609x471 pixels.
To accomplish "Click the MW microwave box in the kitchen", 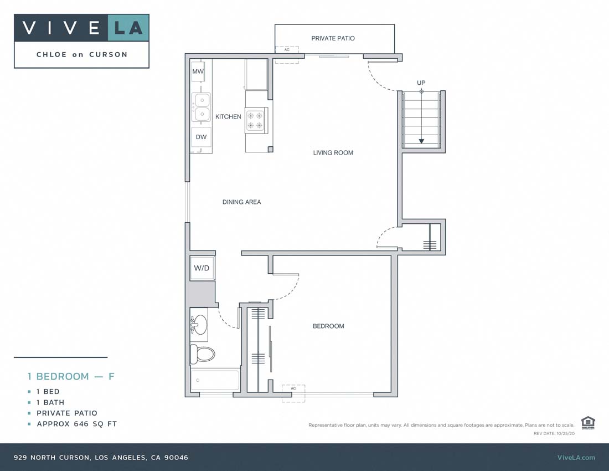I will (198, 72).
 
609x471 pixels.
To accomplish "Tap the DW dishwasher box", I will (201, 137).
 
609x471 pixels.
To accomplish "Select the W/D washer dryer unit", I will (202, 268).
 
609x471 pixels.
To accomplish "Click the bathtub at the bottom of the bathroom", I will (215, 381).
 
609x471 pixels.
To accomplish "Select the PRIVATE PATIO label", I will (333, 38).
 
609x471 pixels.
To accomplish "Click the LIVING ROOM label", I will (333, 152).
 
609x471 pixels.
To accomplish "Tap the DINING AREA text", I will (241, 202).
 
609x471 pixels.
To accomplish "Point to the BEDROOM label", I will (328, 326).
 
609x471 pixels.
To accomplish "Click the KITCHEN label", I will (228, 117).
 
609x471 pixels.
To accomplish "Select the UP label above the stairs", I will (421, 83).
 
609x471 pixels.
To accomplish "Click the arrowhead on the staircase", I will (421, 141).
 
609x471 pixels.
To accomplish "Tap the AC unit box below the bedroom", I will (293, 389).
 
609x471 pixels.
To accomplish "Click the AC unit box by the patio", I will (287, 50).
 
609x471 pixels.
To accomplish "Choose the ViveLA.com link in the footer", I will (576, 457).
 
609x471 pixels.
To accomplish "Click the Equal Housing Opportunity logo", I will (588, 422).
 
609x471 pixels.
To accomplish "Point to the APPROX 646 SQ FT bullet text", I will (76, 424).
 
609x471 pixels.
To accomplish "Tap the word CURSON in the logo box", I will (109, 54).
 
